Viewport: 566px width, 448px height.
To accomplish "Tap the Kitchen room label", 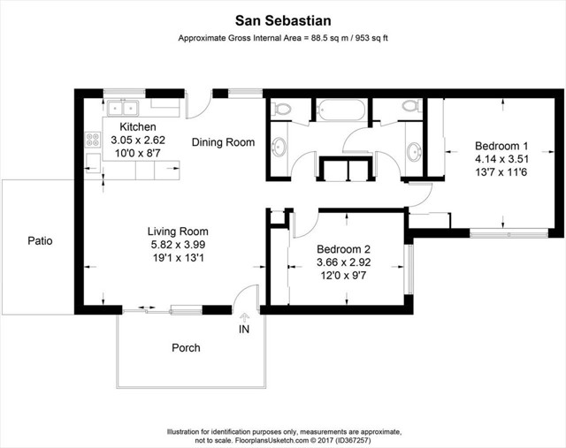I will [137, 126].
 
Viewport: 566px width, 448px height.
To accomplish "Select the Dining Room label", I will [223, 142].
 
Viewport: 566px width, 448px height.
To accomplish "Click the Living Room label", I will [178, 232].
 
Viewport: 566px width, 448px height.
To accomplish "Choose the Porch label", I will [186, 347].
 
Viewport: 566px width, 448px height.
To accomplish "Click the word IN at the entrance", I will [245, 330].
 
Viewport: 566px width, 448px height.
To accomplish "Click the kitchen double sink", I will [124, 108].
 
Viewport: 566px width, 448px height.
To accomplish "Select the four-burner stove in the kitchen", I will [92, 139].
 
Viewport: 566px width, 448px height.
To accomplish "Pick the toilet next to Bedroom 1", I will [409, 107].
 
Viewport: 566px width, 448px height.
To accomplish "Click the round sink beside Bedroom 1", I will [414, 151].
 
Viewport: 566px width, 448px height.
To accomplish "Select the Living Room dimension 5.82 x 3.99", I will [178, 245].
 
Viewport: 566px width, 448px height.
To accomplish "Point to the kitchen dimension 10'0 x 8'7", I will [137, 153].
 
